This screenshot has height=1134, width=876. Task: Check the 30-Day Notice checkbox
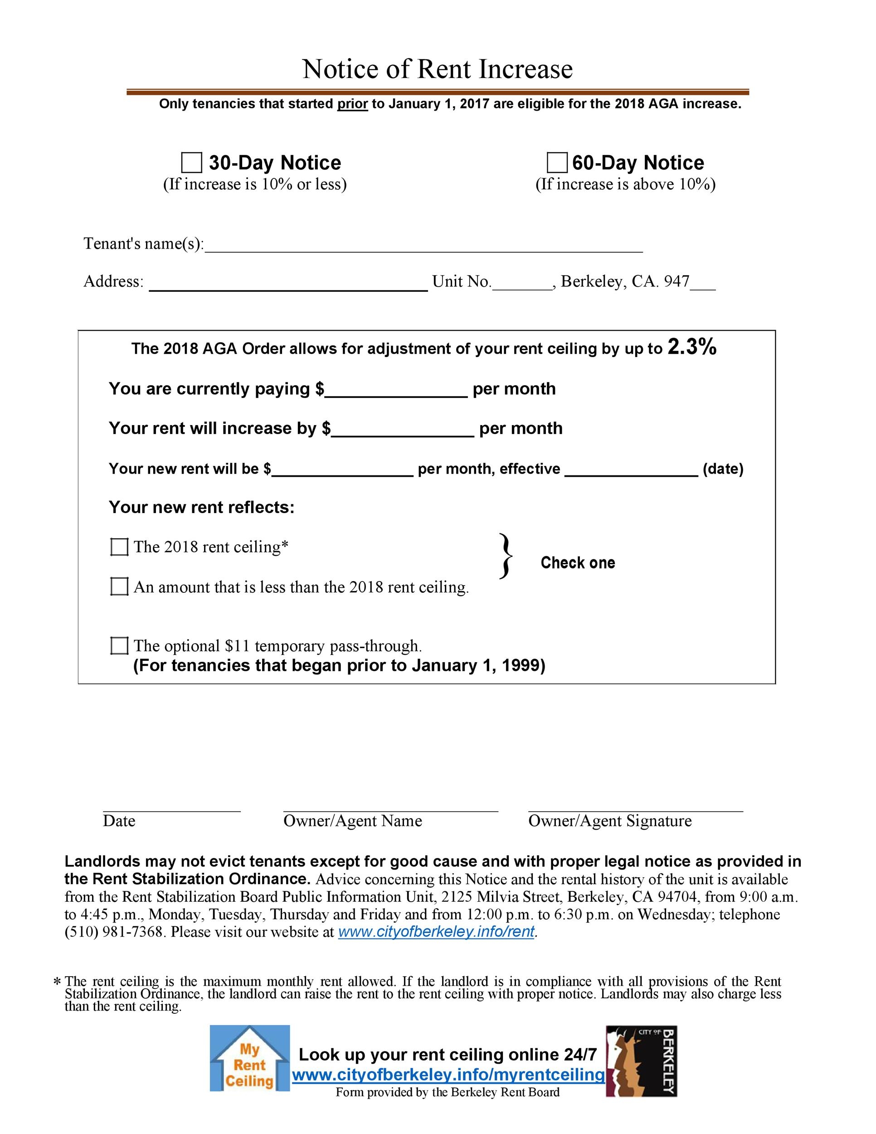click(x=191, y=162)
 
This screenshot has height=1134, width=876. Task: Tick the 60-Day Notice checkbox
click(x=557, y=162)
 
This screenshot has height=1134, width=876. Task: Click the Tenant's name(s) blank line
click(x=423, y=245)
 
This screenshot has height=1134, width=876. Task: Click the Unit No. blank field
click(x=522, y=283)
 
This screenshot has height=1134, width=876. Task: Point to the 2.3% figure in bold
click(x=692, y=347)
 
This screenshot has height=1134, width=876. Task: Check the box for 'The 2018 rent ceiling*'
click(x=119, y=547)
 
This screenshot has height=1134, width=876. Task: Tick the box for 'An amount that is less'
click(x=119, y=587)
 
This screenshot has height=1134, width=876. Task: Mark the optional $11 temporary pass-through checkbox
click(x=119, y=646)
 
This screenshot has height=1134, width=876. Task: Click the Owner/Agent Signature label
click(x=610, y=821)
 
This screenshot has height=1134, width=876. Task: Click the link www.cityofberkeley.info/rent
click(x=436, y=932)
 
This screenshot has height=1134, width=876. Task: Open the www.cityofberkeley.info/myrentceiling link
click(x=448, y=1075)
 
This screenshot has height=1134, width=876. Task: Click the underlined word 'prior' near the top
click(x=352, y=104)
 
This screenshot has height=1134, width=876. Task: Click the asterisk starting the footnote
click(x=57, y=982)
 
